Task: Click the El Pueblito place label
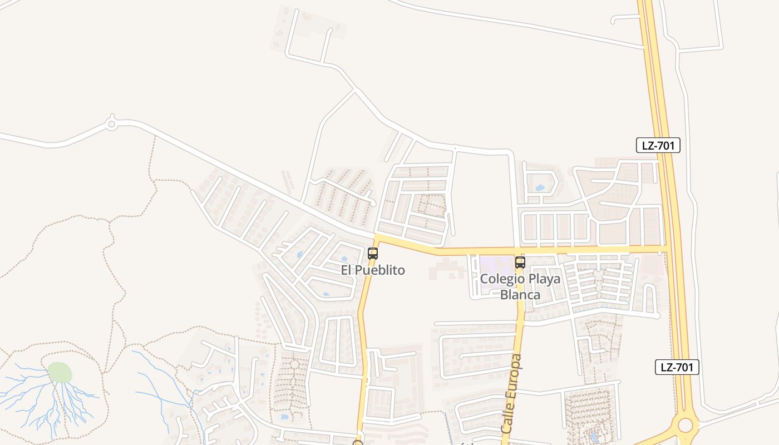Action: (x=373, y=270)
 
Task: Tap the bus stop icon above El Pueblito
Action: (x=373, y=254)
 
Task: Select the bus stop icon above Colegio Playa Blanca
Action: (x=520, y=263)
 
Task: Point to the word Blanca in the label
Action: (x=520, y=294)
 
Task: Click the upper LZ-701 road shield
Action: (x=658, y=146)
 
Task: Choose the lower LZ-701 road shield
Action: (x=677, y=367)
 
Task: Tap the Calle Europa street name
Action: (x=512, y=393)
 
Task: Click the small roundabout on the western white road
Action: (x=111, y=123)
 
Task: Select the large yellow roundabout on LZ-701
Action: (x=685, y=426)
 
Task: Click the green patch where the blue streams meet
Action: (x=60, y=372)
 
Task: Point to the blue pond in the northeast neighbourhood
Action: (x=539, y=187)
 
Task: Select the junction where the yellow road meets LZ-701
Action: (x=665, y=248)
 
